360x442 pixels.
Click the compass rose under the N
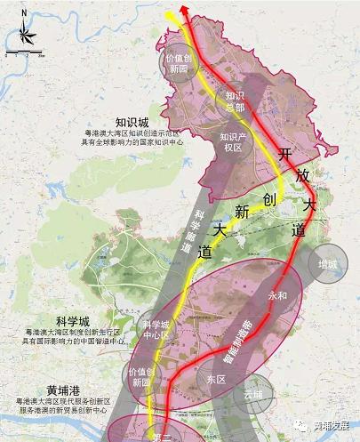pyautogui.click(x=23, y=36)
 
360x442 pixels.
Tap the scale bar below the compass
pyautogui.click(x=24, y=55)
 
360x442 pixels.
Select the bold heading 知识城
pyautogui.click(x=132, y=122)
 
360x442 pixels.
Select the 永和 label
pyautogui.click(x=277, y=293)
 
